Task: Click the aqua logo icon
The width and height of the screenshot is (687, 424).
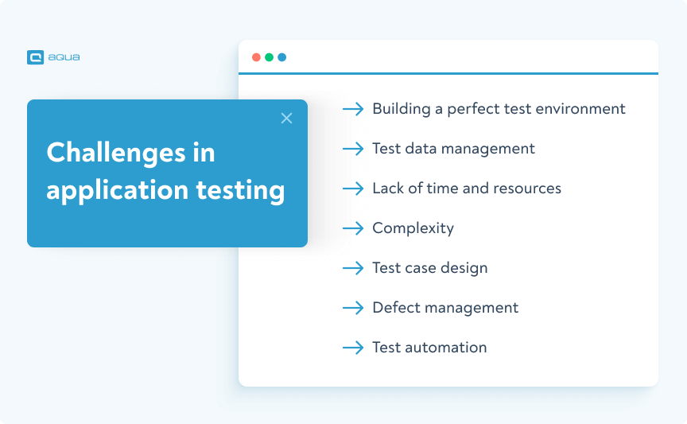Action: pos(35,57)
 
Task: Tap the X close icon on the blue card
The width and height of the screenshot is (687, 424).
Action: pos(287,119)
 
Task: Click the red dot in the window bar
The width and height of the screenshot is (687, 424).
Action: pos(256,57)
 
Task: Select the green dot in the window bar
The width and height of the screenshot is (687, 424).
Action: pos(269,57)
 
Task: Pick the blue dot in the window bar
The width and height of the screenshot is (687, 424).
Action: pos(281,57)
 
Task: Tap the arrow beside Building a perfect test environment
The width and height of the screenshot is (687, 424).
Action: pos(353,109)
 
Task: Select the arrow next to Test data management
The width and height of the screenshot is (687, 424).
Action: pos(353,149)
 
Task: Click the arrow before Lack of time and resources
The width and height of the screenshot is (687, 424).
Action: pos(353,189)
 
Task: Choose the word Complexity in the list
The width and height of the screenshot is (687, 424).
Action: pos(413,228)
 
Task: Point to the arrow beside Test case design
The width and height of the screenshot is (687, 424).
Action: pos(353,268)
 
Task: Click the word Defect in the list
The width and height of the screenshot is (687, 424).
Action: pos(395,308)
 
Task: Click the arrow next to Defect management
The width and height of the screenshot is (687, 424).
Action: pos(353,308)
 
